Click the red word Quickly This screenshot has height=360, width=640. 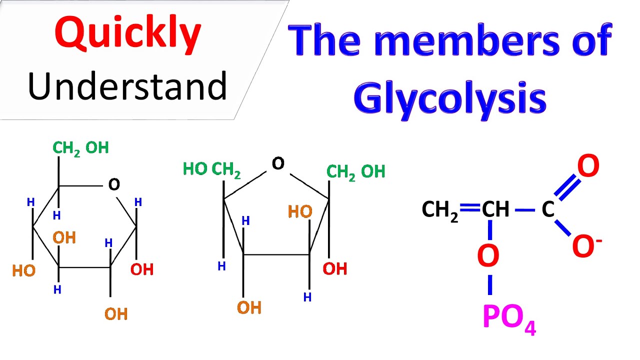click(128, 34)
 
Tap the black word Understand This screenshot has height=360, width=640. click(127, 86)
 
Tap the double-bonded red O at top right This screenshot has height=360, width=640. click(588, 165)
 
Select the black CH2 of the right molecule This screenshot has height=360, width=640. click(440, 211)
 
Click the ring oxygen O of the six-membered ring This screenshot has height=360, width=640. click(114, 184)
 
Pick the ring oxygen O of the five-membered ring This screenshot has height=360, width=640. click(278, 163)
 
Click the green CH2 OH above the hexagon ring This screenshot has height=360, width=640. click(81, 149)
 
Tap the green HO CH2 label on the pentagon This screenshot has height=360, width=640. click(211, 170)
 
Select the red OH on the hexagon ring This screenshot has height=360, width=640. click(142, 269)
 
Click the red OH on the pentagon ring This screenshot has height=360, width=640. click(335, 269)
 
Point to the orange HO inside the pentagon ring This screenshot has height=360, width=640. click(300, 211)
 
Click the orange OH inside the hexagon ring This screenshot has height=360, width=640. click(64, 237)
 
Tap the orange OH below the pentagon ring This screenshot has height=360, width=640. click(249, 307)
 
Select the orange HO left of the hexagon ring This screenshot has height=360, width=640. click(23, 270)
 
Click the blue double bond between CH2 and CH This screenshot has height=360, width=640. click(469, 207)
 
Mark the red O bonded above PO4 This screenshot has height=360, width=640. click(488, 255)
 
